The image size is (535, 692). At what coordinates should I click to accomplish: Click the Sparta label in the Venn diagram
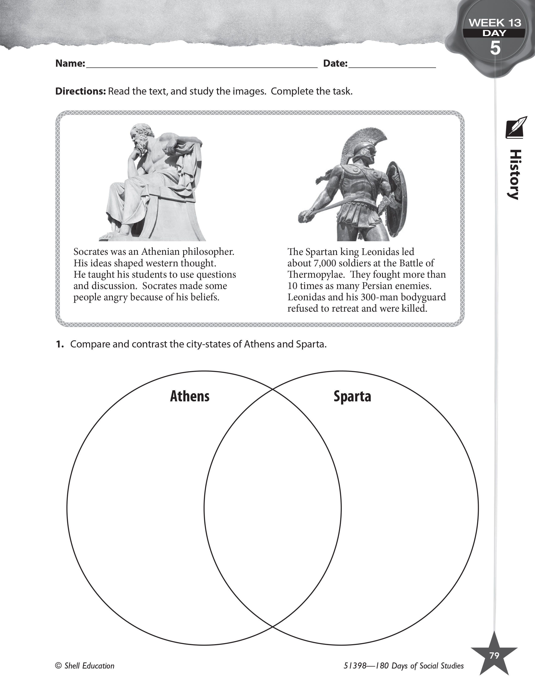click(x=352, y=396)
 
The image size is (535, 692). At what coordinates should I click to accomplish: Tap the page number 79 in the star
click(x=494, y=656)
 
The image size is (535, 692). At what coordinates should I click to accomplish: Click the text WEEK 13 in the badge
click(x=495, y=23)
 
